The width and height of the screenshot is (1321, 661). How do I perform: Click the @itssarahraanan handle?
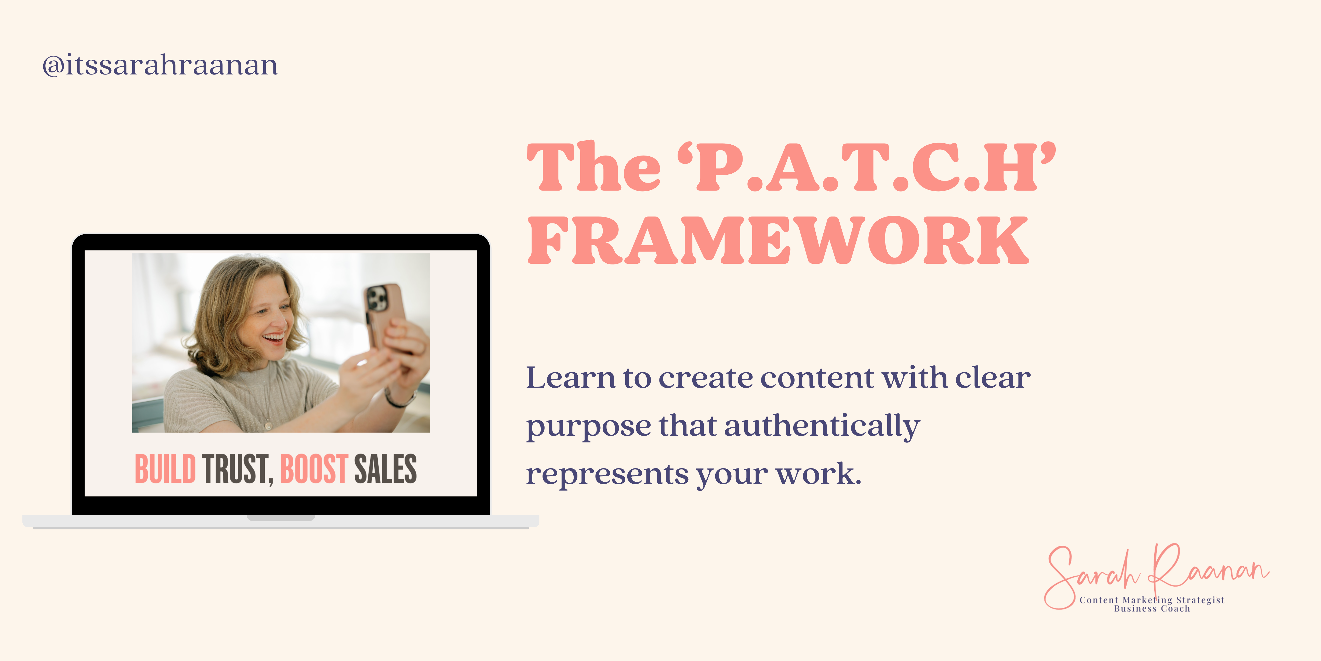160,65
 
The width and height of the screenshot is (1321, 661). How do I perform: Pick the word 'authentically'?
822,426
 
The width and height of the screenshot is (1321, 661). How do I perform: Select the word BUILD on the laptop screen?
165,468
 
